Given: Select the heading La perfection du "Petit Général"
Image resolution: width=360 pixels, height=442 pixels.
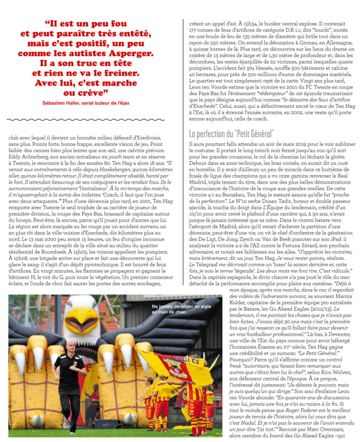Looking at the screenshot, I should [232, 133].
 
